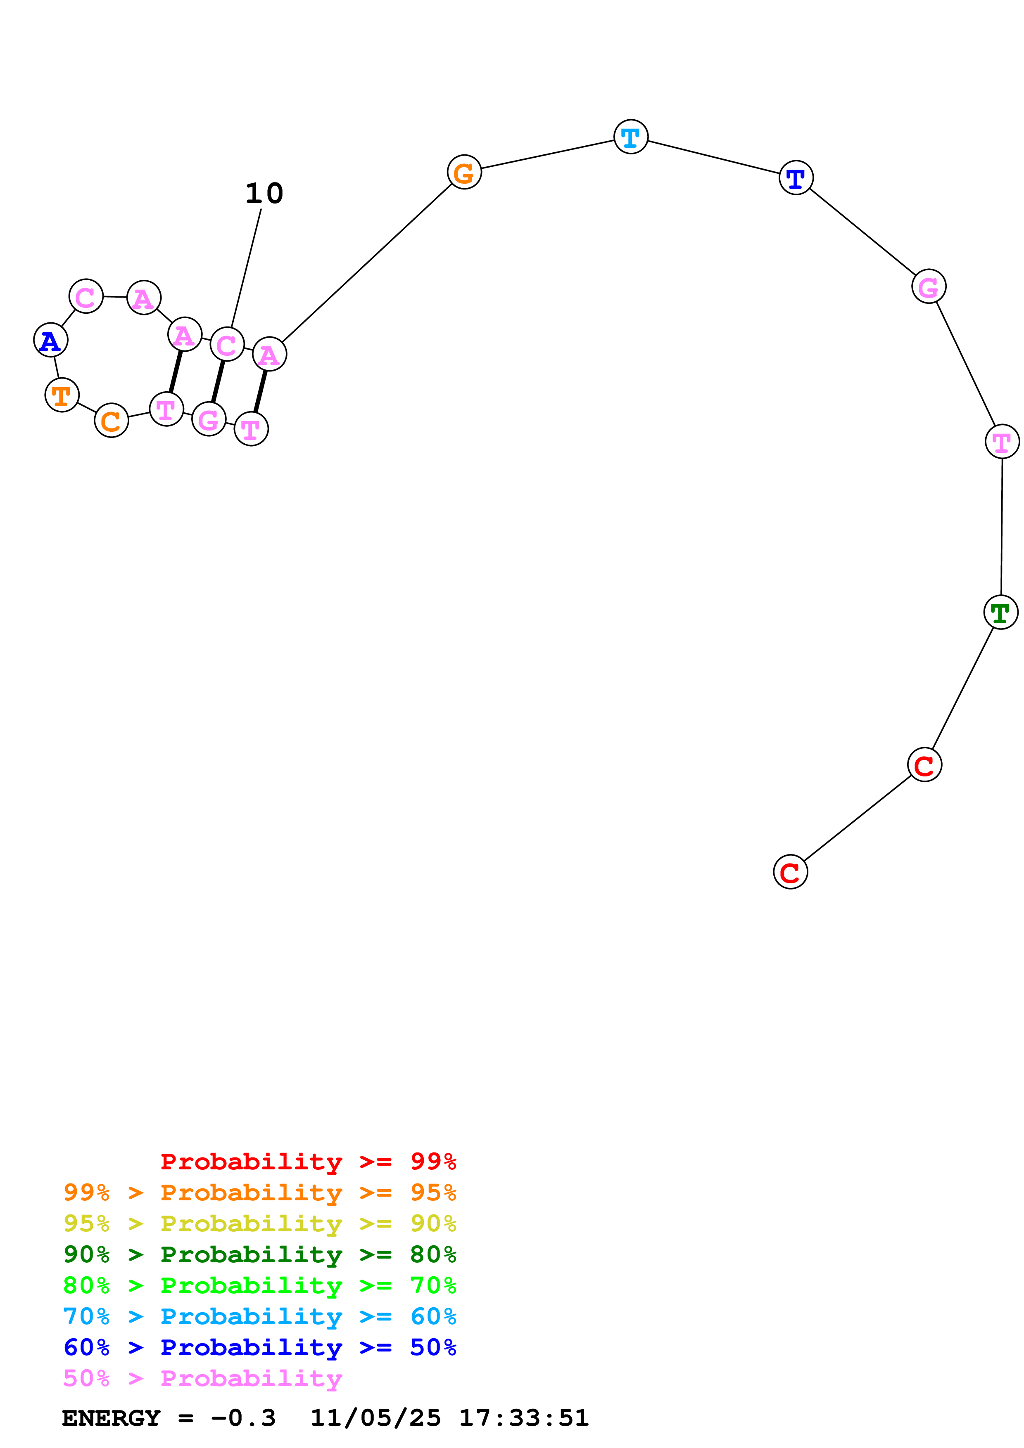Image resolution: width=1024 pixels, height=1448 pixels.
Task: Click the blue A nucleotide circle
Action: click(x=50, y=341)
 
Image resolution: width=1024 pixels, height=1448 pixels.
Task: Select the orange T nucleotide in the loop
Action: click(x=62, y=395)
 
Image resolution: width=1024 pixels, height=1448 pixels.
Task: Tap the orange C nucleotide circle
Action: click(x=112, y=420)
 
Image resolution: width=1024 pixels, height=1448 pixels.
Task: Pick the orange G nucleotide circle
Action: click(x=464, y=172)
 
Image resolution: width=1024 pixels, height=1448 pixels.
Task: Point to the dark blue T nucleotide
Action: click(x=796, y=178)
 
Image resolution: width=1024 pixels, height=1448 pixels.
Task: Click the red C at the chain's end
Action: click(x=791, y=872)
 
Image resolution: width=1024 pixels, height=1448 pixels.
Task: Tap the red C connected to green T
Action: click(x=925, y=765)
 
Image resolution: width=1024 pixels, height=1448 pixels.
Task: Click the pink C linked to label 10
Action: click(x=227, y=344)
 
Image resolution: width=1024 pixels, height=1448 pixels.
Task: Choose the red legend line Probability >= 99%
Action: click(x=308, y=1162)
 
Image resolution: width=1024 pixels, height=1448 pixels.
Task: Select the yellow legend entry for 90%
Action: click(x=260, y=1223)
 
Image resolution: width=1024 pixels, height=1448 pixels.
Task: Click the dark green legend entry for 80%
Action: click(x=260, y=1254)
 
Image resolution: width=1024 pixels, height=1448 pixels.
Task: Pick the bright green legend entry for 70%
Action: click(x=260, y=1285)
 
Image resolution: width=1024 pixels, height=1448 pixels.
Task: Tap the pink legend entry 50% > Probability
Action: click(x=202, y=1379)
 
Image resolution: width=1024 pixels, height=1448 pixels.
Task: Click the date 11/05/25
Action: click(x=375, y=1418)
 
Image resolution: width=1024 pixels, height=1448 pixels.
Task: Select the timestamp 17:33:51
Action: click(x=524, y=1418)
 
